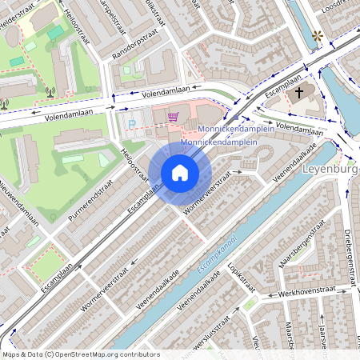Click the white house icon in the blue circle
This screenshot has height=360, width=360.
pyautogui.click(x=180, y=172)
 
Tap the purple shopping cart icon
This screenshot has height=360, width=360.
pyautogui.click(x=172, y=118)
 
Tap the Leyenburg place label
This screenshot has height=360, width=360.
pyautogui.click(x=332, y=170)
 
